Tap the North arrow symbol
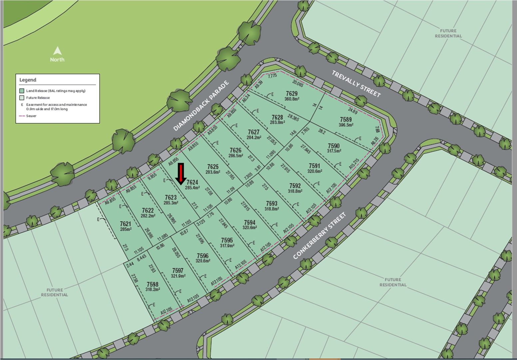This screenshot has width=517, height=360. (58, 51)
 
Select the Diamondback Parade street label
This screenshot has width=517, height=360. (201, 106)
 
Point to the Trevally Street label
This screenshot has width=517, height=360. (356, 84)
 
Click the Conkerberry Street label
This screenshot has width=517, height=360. (319, 236)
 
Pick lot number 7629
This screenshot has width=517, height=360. (291, 94)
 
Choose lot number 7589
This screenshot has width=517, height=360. (346, 119)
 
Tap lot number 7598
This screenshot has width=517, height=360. (152, 284)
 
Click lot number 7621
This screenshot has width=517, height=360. (126, 224)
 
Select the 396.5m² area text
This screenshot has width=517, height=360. (346, 125)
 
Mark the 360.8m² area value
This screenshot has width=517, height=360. (292, 99)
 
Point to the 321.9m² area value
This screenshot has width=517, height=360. (178, 276)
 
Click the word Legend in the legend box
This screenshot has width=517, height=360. (28, 80)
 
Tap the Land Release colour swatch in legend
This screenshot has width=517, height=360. (22, 91)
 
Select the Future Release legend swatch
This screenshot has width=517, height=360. (22, 98)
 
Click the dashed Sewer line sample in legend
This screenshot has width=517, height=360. (22, 116)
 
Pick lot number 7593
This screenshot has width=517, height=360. (271, 203)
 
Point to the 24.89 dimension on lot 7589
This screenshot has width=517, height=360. (353, 110)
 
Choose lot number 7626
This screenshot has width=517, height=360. (235, 150)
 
